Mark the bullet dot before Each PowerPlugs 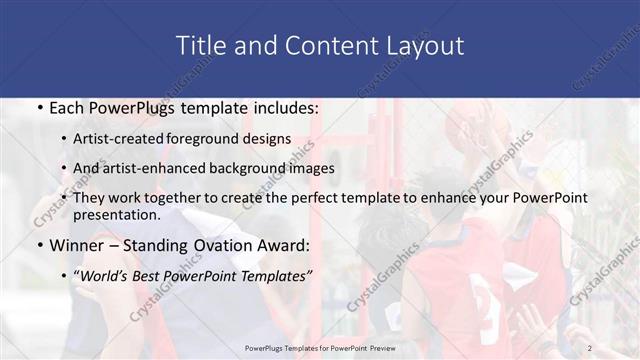click(x=38, y=108)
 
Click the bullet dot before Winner click(x=38, y=245)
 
